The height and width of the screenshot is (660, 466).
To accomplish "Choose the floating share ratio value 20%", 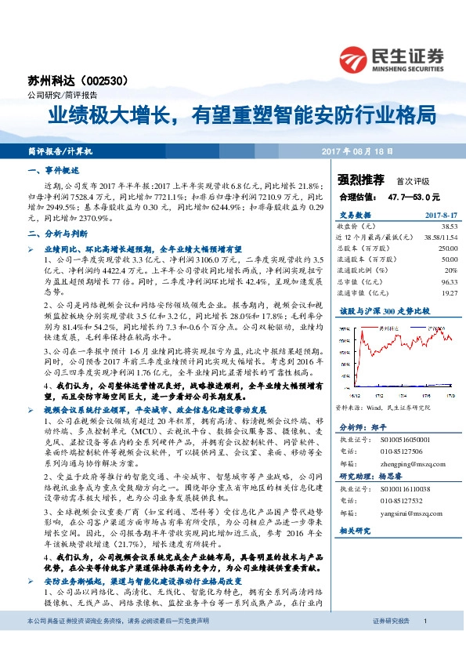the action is (x=450, y=269).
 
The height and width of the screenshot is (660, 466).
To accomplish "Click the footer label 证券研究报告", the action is (x=391, y=642).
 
